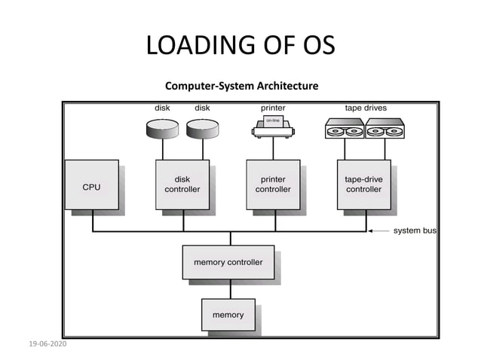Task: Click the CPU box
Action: (91, 185)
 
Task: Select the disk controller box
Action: (182, 185)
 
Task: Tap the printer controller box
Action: (273, 185)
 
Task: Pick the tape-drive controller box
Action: (363, 185)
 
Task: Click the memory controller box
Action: (228, 262)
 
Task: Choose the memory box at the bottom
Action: (228, 315)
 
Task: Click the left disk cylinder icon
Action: (163, 129)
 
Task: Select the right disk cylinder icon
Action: (202, 129)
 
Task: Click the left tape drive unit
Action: (345, 129)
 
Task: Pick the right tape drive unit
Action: (384, 129)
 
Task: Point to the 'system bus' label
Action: (414, 230)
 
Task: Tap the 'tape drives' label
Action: (366, 108)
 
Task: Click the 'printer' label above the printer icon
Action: (273, 108)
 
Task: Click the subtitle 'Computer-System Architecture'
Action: (241, 86)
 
